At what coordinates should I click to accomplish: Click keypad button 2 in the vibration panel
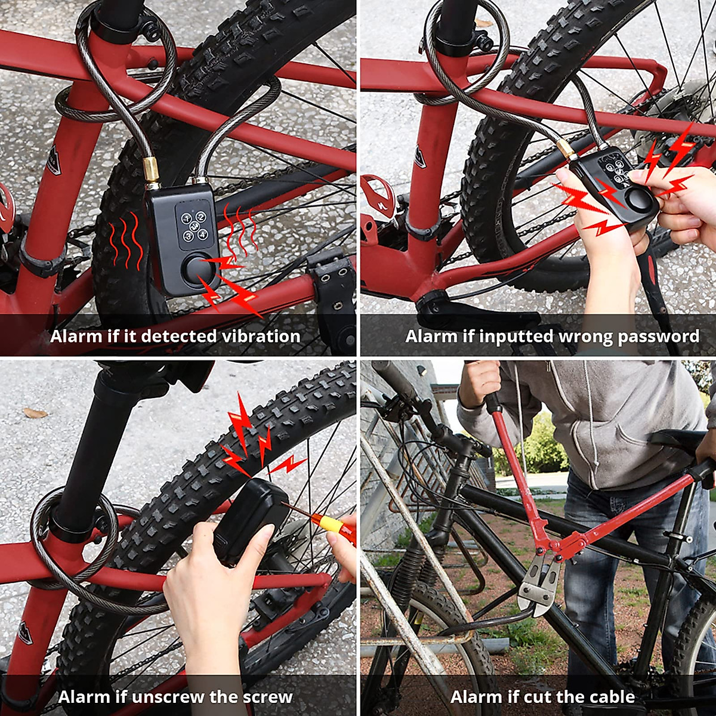[x=201, y=217]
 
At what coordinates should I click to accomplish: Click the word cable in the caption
[x=612, y=697]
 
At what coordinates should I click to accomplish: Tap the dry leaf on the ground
[x=35, y=413]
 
